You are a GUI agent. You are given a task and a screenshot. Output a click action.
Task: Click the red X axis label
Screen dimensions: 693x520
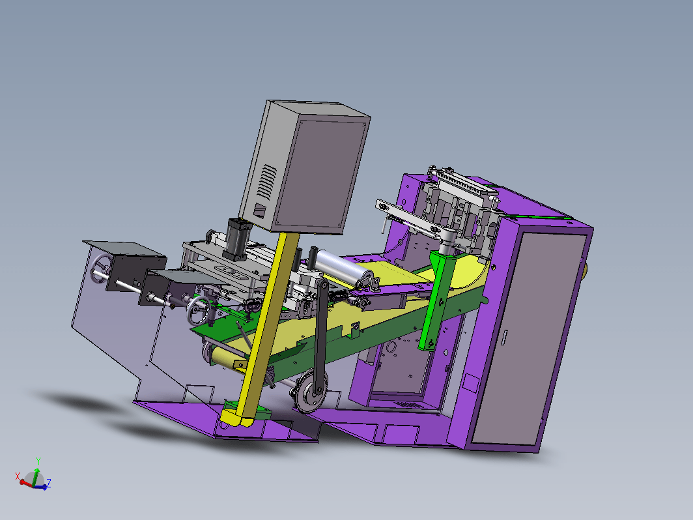(18, 476)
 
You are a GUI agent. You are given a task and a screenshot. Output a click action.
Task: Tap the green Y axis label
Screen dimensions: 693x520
(38, 461)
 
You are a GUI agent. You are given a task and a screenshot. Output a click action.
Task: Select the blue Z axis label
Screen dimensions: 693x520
(49, 482)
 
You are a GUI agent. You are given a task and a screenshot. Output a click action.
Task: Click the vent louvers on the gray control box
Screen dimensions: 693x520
(267, 181)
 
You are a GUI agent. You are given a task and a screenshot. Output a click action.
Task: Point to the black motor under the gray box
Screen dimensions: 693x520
(238, 238)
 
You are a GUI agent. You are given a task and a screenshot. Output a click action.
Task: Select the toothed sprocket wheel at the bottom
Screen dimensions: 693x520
(311, 392)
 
